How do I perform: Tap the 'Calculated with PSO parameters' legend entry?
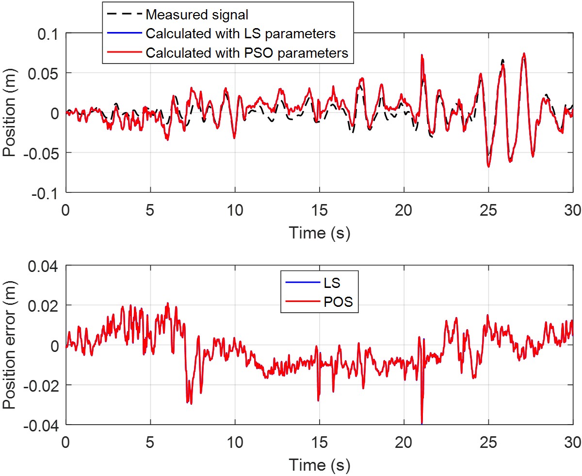point(247,53)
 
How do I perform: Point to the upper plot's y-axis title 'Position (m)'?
point(10,113)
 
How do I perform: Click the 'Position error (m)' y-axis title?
point(10,345)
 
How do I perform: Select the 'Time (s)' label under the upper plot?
point(320,233)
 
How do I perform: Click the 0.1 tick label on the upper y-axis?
point(48,34)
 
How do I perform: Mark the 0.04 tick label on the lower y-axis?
point(45,266)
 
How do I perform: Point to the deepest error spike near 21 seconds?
point(422,423)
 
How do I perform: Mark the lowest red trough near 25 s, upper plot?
point(488,167)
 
